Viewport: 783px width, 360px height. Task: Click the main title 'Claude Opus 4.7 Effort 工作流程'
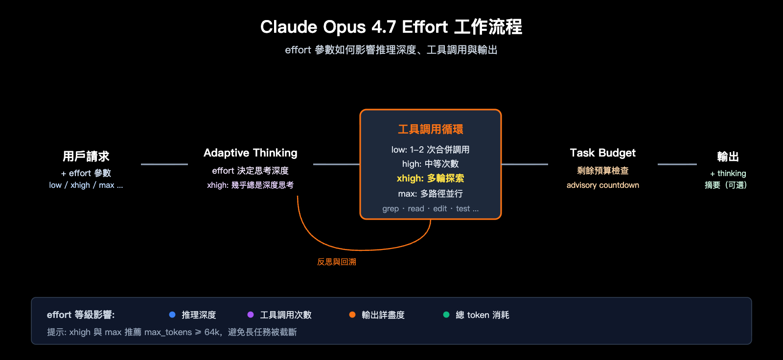(391, 27)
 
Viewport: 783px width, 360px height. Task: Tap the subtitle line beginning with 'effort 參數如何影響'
(391, 50)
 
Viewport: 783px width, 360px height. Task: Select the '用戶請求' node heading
(86, 157)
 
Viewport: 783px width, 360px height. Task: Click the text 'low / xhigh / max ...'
(86, 185)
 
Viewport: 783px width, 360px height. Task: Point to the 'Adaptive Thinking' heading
(251, 153)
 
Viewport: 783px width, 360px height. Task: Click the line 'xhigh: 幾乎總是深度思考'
(251, 185)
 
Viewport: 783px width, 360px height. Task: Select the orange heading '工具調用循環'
(431, 130)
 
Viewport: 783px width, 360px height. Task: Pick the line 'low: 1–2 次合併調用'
(431, 150)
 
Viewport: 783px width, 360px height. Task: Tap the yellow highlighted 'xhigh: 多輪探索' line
(431, 179)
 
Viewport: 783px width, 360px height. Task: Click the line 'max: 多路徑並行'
(431, 194)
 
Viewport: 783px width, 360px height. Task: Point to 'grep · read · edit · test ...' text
(431, 209)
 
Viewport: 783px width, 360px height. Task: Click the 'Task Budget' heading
(603, 153)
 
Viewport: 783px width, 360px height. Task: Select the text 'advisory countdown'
(603, 185)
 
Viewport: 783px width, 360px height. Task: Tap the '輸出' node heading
(728, 157)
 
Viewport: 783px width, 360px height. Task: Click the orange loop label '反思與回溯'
(337, 262)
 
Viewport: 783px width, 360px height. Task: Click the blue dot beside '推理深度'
(172, 315)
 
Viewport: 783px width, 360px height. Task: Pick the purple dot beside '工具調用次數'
(251, 315)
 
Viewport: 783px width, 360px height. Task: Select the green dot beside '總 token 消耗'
(446, 315)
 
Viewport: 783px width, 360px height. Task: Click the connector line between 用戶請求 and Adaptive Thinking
(164, 164)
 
